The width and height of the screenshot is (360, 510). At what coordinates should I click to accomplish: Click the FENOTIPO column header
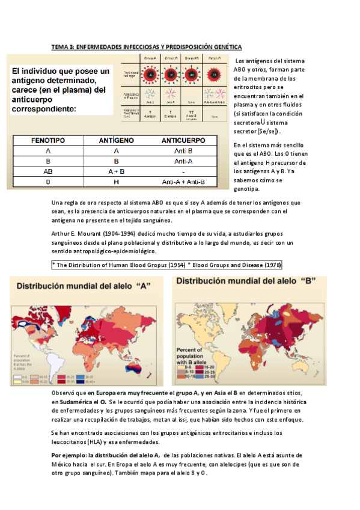coord(47,140)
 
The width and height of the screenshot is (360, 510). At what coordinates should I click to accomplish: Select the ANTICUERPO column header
coord(183,140)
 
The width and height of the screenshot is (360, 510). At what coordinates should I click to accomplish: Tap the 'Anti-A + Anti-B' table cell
coord(183,182)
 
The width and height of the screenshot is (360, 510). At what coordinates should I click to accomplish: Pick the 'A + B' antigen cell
coord(117,171)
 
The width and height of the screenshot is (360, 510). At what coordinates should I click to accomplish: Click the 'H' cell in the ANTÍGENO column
coord(117,182)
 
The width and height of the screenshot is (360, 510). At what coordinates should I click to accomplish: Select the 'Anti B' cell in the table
coord(183,151)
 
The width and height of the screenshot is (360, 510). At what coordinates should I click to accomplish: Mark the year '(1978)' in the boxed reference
coord(269,265)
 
